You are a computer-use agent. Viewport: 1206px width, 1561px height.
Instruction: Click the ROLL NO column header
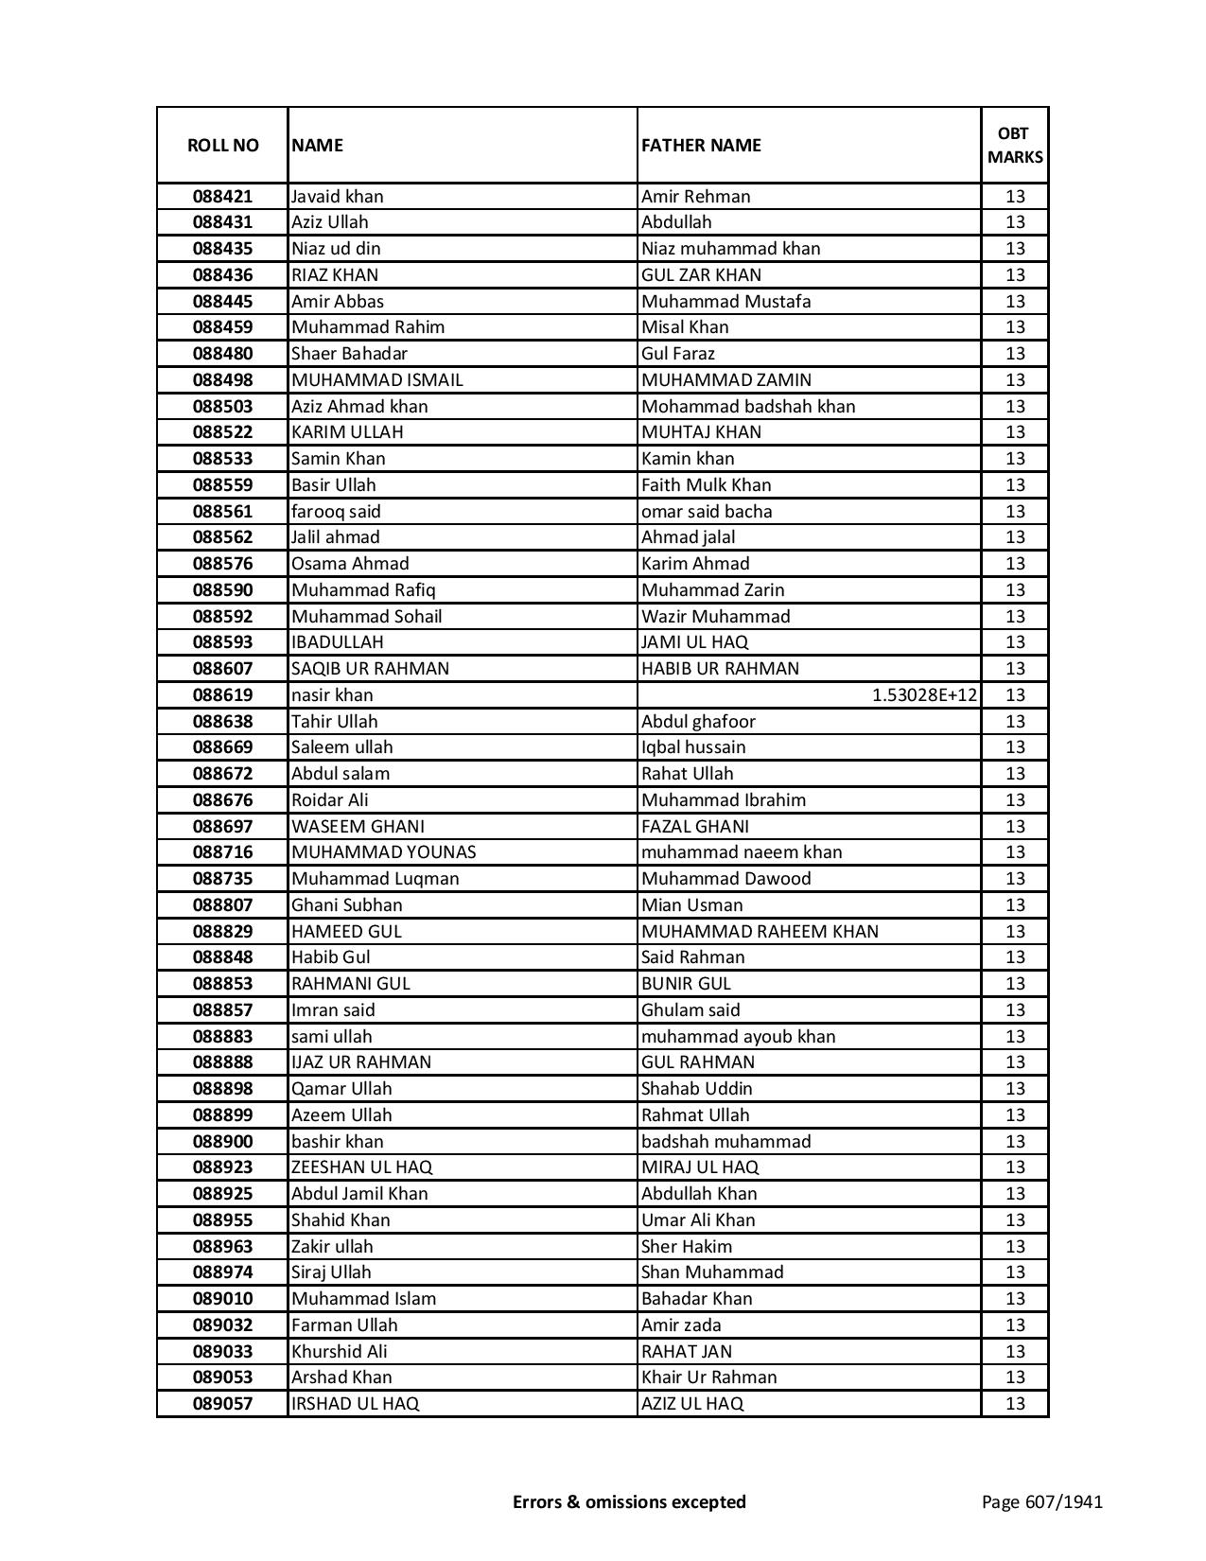[222, 145]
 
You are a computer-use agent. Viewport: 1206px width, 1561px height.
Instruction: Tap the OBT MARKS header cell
[1015, 145]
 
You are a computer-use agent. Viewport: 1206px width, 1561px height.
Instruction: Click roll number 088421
[222, 197]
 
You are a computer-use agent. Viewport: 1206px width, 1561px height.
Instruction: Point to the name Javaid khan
[338, 197]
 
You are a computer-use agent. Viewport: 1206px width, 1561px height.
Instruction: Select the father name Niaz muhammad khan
[730, 249]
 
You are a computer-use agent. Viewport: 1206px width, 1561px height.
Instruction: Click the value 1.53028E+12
[924, 695]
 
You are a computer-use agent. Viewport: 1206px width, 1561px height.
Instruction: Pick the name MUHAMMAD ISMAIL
[377, 380]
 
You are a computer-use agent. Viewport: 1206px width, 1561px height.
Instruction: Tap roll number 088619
[222, 695]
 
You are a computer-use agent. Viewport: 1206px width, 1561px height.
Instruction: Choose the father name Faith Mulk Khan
[706, 485]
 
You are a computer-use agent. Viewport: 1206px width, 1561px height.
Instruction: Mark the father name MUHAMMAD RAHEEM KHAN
[760, 932]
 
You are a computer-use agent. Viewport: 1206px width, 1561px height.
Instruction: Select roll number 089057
[222, 1404]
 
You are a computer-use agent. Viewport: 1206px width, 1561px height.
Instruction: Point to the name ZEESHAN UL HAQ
[361, 1167]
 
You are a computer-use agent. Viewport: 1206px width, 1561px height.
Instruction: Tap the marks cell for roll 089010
[1015, 1299]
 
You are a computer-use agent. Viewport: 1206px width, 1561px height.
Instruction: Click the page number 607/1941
[1041, 1501]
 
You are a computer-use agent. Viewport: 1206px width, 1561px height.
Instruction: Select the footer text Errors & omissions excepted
[629, 1501]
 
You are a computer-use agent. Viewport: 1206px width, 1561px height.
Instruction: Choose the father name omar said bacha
[707, 512]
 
